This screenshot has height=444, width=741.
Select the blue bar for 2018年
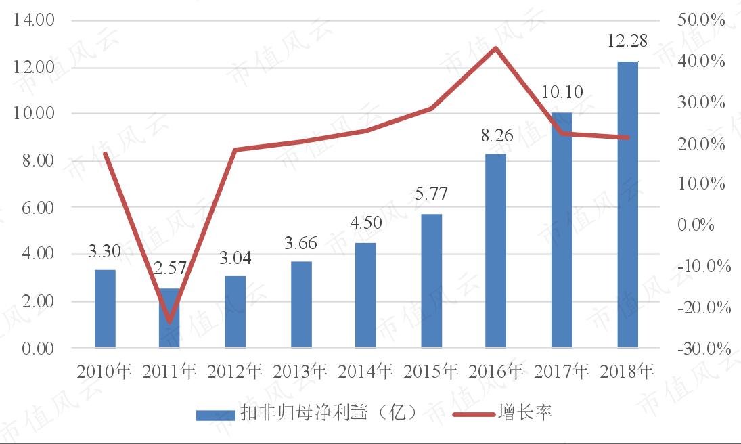pyautogui.click(x=627, y=204)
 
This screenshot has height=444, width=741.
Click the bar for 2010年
pyautogui.click(x=105, y=309)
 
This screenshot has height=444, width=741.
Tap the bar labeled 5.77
pyautogui.click(x=431, y=281)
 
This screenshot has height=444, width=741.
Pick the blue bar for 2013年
pyautogui.click(x=301, y=305)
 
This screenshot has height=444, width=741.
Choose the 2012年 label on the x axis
pyautogui.click(x=235, y=371)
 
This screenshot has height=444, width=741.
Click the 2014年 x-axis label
pyautogui.click(x=366, y=371)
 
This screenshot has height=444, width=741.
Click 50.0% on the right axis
pyautogui.click(x=701, y=20)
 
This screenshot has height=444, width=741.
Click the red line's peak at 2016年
pyautogui.click(x=495, y=49)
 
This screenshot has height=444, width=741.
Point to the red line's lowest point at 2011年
pyautogui.click(x=169, y=321)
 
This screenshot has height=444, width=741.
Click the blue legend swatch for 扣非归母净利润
pyautogui.click(x=215, y=414)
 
